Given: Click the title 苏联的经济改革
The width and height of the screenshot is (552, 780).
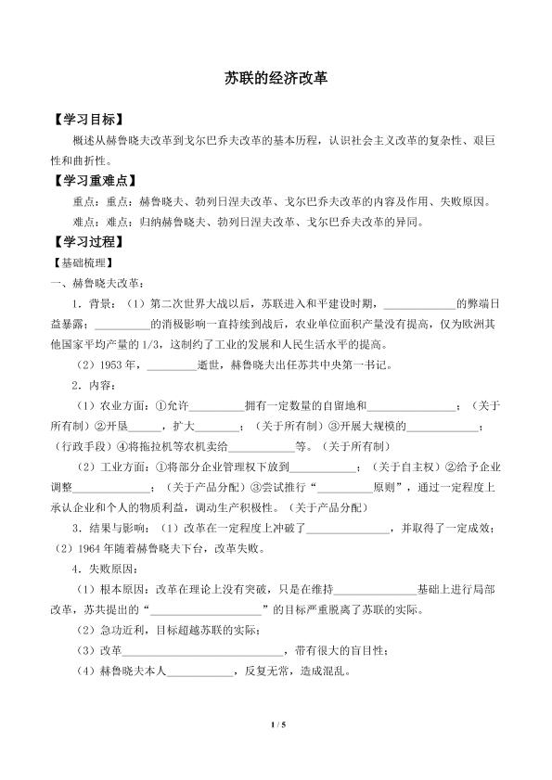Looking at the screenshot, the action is [276, 80].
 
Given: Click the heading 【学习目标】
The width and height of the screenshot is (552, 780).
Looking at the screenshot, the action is [88, 121].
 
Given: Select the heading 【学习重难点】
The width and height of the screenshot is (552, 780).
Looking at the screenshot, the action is [95, 180].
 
